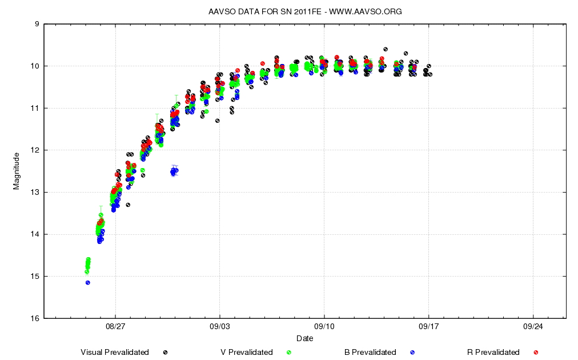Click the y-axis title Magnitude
pyautogui.click(x=17, y=171)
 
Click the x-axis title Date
pyautogui.click(x=304, y=338)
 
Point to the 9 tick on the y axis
pyautogui.click(x=37, y=24)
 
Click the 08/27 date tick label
pyautogui.click(x=115, y=327)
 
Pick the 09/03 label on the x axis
pyautogui.click(x=220, y=327)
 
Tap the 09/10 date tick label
pyautogui.click(x=324, y=327)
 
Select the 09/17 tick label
pyautogui.click(x=428, y=327)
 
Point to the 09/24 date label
pyautogui.click(x=533, y=327)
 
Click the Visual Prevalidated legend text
pyautogui.click(x=115, y=353)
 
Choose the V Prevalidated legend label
pyautogui.click(x=247, y=353)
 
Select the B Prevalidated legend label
pyautogui.click(x=370, y=353)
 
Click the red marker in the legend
pyautogui.click(x=536, y=353)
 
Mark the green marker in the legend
pyautogui.click(x=288, y=353)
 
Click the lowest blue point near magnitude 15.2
pyautogui.click(x=87, y=283)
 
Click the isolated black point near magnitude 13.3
pyautogui.click(x=128, y=205)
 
